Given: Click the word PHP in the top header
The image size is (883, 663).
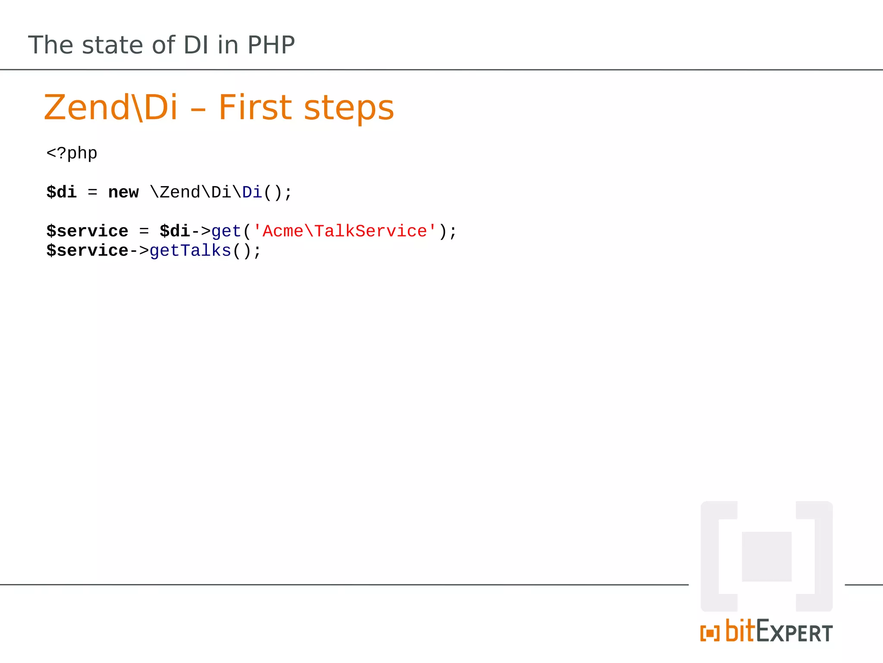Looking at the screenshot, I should point(271,45).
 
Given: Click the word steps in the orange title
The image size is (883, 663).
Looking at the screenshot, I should point(349,107).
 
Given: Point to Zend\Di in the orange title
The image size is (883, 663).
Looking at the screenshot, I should point(110,107).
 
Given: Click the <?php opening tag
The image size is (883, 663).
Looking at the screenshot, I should point(72,153).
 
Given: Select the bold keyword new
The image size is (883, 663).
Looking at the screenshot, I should point(123,192).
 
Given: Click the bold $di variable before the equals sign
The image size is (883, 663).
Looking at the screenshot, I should point(61,192).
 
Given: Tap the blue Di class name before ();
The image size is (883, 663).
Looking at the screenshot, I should point(252,192).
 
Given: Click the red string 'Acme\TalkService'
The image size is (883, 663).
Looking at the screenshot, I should point(344,231).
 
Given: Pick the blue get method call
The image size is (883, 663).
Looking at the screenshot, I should point(226,232).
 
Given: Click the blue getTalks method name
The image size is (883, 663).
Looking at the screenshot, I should point(190,250).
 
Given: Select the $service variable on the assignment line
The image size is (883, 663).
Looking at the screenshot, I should point(87,231).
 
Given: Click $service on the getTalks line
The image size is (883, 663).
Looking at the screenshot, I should point(87,250).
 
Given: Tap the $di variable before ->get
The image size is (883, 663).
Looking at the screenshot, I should point(175,231).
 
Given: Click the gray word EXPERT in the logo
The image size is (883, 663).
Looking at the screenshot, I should point(795,632).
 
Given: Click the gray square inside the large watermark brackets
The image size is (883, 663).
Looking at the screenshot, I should point(767,557).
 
